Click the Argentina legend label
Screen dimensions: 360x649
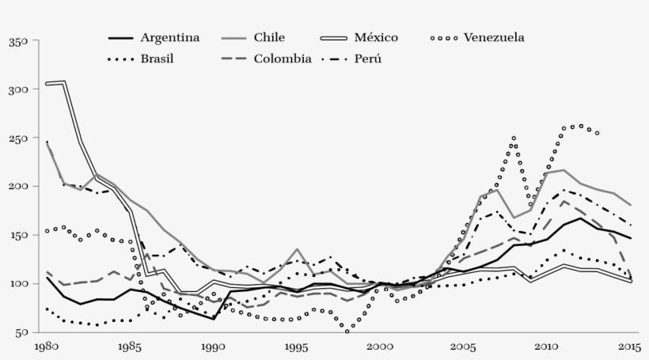coord(169,37)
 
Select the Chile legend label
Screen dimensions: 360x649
coord(269,37)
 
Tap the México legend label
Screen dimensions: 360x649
coord(377,37)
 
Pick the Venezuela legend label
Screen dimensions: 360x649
coord(494,37)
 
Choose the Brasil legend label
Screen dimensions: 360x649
coord(157,59)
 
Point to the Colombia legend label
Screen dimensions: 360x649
coord(283,59)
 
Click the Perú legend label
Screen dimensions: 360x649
coord(370,59)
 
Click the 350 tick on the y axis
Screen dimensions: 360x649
coord(17,41)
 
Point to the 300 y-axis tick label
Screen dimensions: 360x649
coord(17,89)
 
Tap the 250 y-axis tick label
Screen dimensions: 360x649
coord(17,138)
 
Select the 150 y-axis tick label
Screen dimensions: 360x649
coord(17,235)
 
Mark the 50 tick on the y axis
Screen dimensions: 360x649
coord(21,332)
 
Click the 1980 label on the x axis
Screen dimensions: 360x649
coord(47,347)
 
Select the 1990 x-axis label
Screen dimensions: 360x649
coord(214,347)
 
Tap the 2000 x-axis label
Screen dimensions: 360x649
coord(380,347)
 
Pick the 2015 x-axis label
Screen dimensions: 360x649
coord(629,347)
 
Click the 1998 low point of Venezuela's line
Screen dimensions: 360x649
coord(347,331)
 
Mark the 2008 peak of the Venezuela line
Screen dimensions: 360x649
coord(514,138)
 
